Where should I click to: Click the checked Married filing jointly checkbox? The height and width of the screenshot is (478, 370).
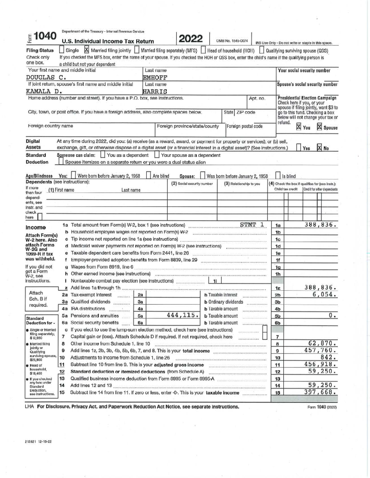(x=87, y=50)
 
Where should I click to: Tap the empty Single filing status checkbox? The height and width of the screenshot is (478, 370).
(x=62, y=50)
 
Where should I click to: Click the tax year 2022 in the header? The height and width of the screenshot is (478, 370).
(x=191, y=39)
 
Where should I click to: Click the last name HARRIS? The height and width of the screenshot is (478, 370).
(x=155, y=91)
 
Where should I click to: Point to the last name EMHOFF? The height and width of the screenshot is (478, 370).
(x=155, y=77)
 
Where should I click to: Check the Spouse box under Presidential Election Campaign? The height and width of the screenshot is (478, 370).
(x=319, y=127)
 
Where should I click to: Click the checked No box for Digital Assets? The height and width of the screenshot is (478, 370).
(x=320, y=147)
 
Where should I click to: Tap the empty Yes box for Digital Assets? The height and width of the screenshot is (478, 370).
(x=299, y=147)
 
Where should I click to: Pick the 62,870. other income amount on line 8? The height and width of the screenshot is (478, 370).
(x=323, y=343)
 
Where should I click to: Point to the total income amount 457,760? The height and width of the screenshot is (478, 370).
(x=321, y=350)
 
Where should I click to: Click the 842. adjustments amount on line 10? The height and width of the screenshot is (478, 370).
(x=328, y=357)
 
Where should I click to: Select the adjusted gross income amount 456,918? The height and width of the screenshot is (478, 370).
(x=321, y=364)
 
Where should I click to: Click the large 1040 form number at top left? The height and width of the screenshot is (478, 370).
(x=45, y=37)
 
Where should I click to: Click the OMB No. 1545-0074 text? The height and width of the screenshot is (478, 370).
(x=232, y=41)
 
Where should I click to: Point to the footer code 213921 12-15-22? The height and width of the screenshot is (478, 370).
(x=38, y=441)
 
